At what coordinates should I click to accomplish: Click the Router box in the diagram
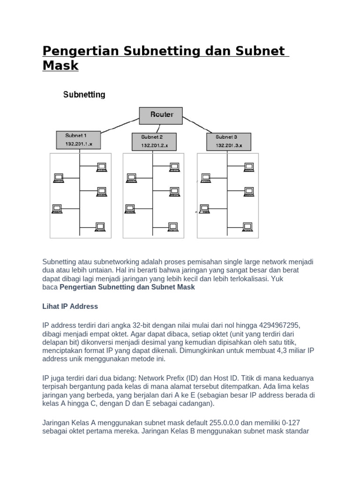[x=161, y=115]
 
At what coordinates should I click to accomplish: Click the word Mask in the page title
[x=60, y=66]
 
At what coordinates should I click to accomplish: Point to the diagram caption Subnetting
[x=84, y=95]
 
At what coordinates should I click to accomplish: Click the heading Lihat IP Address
[x=70, y=306]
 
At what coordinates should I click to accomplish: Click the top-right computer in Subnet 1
[x=101, y=166]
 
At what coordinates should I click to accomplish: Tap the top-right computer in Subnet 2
[x=174, y=166]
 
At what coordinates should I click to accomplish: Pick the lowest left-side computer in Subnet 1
[x=57, y=209]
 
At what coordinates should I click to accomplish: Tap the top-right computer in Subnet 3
[x=248, y=166]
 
